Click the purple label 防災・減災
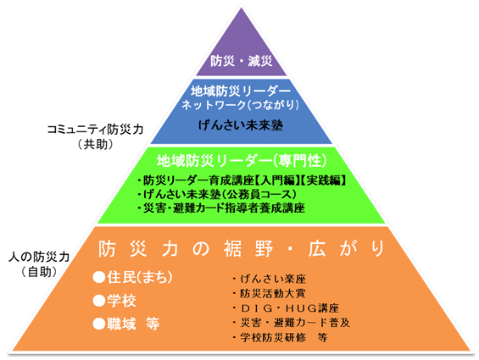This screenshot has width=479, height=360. click(x=241, y=61)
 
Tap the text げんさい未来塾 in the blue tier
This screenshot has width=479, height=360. click(x=241, y=125)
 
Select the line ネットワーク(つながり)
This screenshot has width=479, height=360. click(x=241, y=105)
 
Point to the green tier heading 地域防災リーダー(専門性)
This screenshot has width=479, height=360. click(x=242, y=161)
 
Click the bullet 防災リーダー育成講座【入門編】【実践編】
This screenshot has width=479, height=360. click(x=242, y=180)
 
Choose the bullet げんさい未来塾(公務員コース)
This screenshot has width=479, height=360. click(x=217, y=195)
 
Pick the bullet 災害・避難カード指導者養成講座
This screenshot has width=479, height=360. click(x=221, y=208)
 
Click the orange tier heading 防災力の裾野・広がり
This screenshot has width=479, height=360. click(x=242, y=249)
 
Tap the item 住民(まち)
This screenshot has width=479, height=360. click(x=133, y=278)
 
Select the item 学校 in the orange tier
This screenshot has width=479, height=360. click(x=114, y=301)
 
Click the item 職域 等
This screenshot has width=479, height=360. click(x=126, y=324)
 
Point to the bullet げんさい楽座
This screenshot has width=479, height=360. click(x=269, y=279)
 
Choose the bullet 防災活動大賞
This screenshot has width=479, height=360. click(x=269, y=293)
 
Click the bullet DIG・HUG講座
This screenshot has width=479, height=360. click(x=286, y=308)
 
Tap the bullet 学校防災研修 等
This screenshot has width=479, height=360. click(x=280, y=337)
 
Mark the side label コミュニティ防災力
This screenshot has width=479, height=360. click(x=95, y=130)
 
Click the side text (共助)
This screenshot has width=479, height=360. click(x=95, y=144)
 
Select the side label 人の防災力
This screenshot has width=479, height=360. click(x=39, y=257)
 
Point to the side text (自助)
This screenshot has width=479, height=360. click(x=39, y=271)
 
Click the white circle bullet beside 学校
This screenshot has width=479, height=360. click(x=99, y=301)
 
